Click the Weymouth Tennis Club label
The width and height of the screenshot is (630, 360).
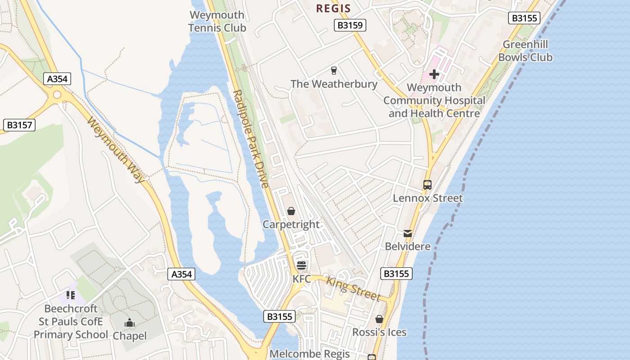point(217,21)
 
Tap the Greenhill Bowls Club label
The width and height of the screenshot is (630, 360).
point(525,51)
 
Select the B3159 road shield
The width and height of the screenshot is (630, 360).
point(350,25)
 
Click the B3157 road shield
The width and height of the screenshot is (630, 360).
point(19,125)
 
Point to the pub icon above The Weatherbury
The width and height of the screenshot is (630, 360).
point(333,70)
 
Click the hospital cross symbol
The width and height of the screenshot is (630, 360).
point(434,74)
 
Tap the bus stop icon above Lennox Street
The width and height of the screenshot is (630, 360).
point(427,184)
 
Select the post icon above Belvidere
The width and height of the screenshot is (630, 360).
point(408,233)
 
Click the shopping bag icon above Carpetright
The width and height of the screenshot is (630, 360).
point(291,211)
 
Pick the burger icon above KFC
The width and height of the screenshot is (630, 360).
point(301,265)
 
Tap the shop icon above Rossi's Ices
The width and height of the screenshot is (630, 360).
point(379,319)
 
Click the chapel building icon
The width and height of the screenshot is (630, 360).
point(130,323)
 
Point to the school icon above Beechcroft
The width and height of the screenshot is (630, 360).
point(71,295)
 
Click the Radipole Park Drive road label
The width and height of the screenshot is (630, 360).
point(251,139)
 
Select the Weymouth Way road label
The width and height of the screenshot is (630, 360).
point(117,149)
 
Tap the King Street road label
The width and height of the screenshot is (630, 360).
point(353,288)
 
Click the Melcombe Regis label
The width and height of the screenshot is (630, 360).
point(310,354)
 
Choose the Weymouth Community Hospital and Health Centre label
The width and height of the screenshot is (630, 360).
point(434,100)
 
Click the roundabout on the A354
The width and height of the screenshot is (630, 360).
point(57,94)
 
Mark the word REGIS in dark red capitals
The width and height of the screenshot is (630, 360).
point(333,8)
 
